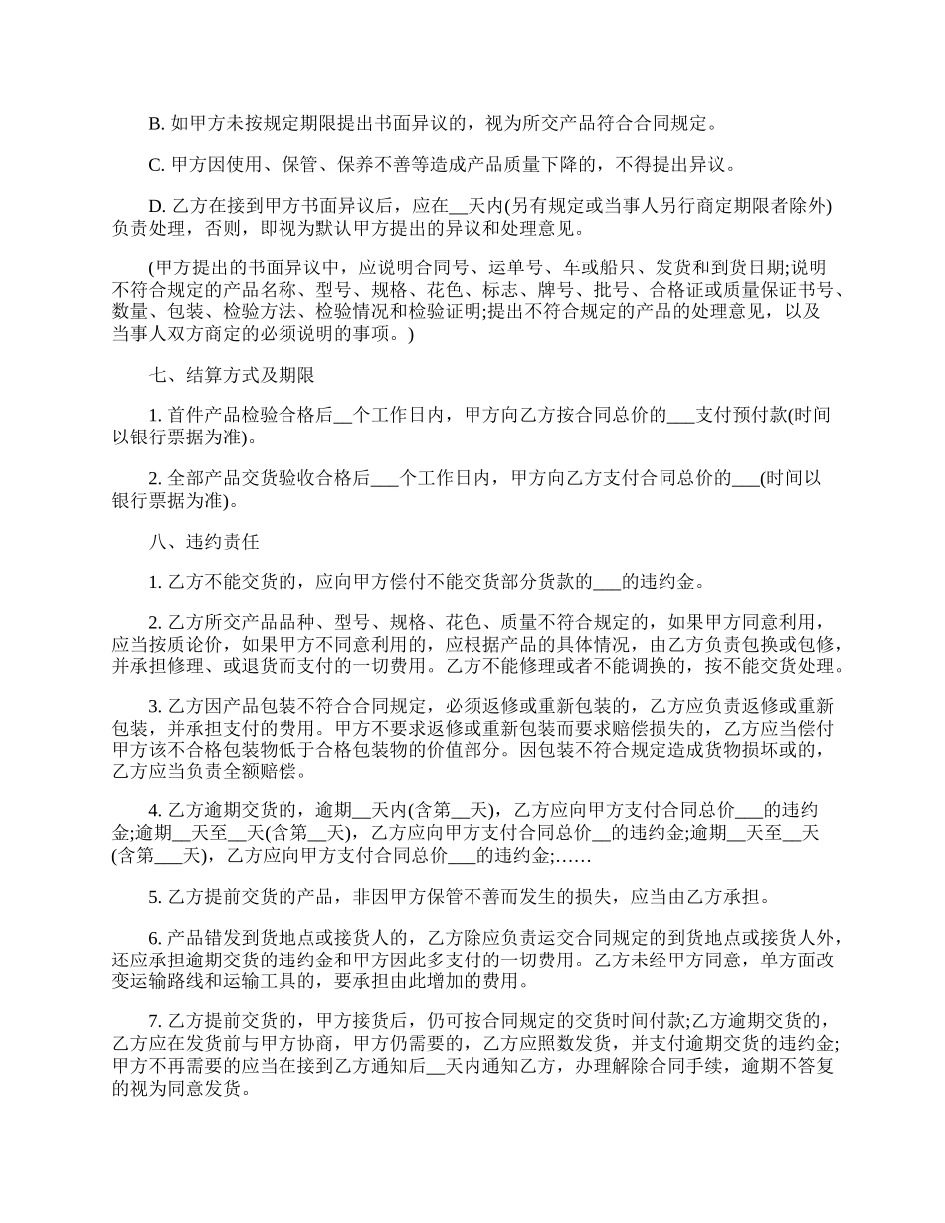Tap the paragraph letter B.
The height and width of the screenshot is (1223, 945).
click(155, 124)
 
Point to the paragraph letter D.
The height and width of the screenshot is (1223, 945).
click(156, 207)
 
